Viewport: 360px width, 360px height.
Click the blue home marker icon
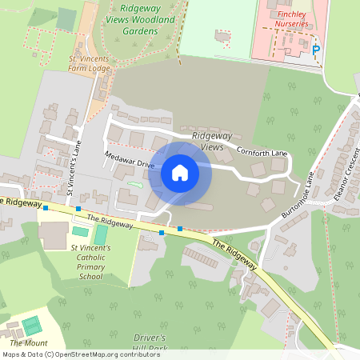tap(180, 172)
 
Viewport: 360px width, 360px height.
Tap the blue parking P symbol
tap(315, 50)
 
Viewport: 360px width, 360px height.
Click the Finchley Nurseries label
tap(287, 19)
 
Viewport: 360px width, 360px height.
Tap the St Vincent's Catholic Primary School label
tap(86, 262)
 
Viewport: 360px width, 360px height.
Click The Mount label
tap(29, 342)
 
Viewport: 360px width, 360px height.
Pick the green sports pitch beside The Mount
tap(31, 326)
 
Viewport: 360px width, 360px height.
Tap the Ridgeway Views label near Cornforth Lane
tap(211, 141)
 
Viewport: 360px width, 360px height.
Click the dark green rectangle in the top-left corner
tap(66, 18)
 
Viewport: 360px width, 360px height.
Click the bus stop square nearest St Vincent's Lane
tap(78, 208)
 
